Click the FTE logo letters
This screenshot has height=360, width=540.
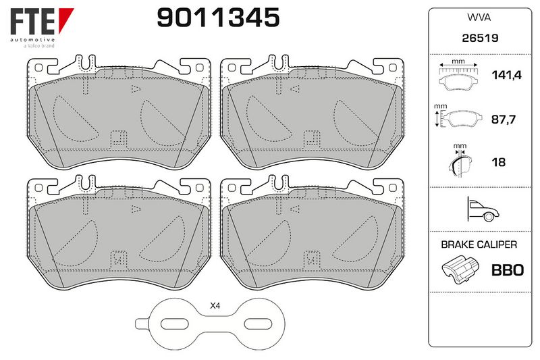32,22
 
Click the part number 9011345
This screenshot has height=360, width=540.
218,18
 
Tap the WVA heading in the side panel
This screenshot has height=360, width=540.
479,18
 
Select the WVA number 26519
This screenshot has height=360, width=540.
480,38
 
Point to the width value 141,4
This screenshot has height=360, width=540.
506,75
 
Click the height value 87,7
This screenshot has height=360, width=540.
503,120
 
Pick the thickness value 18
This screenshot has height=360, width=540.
499,162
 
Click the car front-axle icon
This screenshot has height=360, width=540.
483,209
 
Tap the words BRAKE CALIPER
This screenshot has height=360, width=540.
479,245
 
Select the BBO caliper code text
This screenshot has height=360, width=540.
508,270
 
